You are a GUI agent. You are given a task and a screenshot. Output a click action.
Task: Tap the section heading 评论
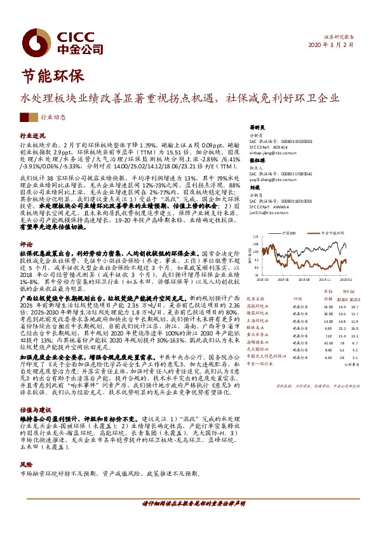point(26,226)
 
